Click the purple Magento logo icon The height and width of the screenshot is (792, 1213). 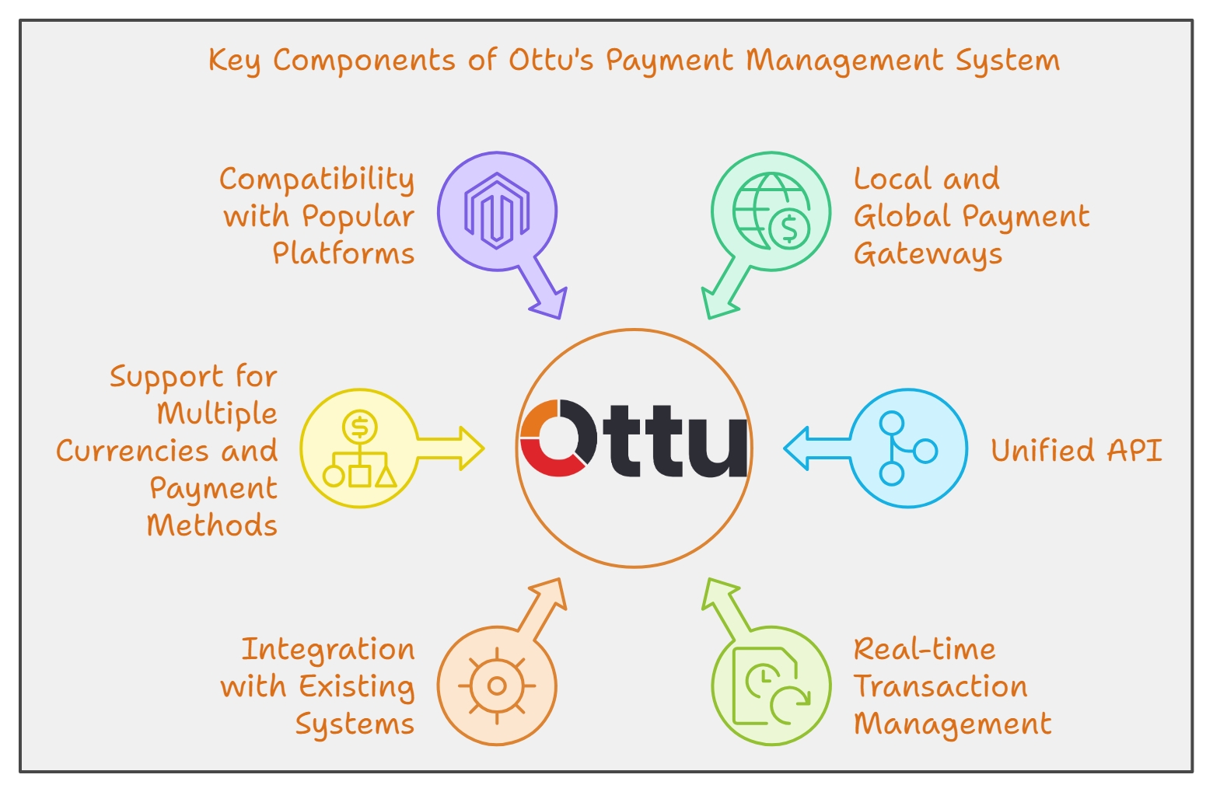pos(497,211)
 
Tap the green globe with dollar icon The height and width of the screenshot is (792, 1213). pos(771,211)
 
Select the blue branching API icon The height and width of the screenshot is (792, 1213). pos(907,448)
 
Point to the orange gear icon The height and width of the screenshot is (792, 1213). pos(497,686)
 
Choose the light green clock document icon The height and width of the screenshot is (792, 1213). pos(771,686)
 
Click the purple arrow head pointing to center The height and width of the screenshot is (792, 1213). pos(552,303)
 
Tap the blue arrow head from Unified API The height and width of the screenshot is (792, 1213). pos(799,448)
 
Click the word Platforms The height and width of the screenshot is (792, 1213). pos(343,253)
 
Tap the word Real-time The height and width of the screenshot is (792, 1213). pos(925,649)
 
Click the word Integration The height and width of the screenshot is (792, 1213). pos(327,650)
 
